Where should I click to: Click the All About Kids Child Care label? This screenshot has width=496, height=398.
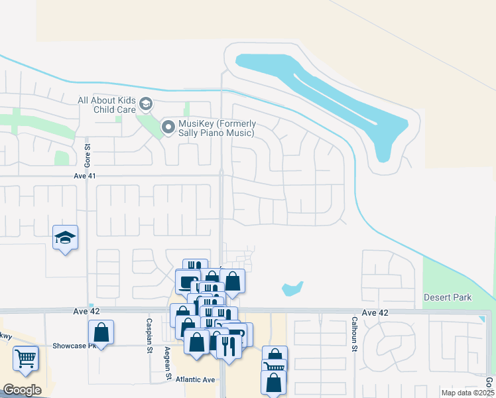[x=106, y=105]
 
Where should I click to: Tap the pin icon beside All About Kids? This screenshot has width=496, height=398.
[x=146, y=104]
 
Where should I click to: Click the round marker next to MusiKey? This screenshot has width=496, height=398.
[x=168, y=126]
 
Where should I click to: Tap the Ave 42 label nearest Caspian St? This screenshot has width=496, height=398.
[x=84, y=311]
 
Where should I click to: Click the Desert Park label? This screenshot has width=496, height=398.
[x=448, y=298]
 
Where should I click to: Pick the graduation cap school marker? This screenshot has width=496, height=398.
[x=66, y=237]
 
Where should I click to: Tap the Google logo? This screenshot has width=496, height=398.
[x=22, y=389]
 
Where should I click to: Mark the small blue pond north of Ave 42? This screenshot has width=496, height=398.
[x=292, y=289]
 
